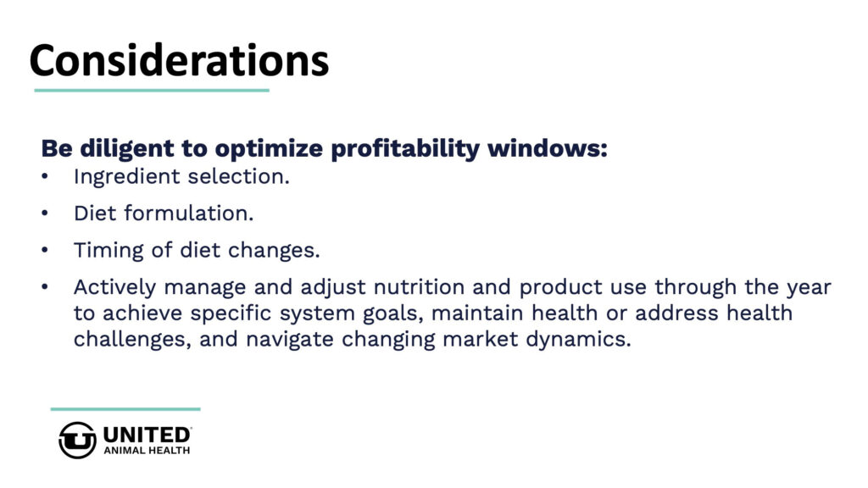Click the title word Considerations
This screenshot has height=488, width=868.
click(x=180, y=60)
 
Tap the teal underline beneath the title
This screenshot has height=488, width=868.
click(x=152, y=90)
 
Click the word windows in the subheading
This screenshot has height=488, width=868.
click(x=547, y=148)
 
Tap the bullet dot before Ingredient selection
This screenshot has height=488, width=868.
click(x=45, y=177)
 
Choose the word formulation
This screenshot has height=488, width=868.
click(x=189, y=213)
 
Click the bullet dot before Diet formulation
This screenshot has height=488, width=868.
click(x=45, y=213)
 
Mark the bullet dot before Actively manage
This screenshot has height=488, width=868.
click(x=45, y=287)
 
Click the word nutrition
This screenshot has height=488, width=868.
click(x=419, y=287)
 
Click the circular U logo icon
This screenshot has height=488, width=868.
click(x=77, y=440)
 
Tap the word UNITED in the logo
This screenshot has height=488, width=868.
click(x=146, y=435)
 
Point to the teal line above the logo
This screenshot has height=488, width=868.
click(x=125, y=409)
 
